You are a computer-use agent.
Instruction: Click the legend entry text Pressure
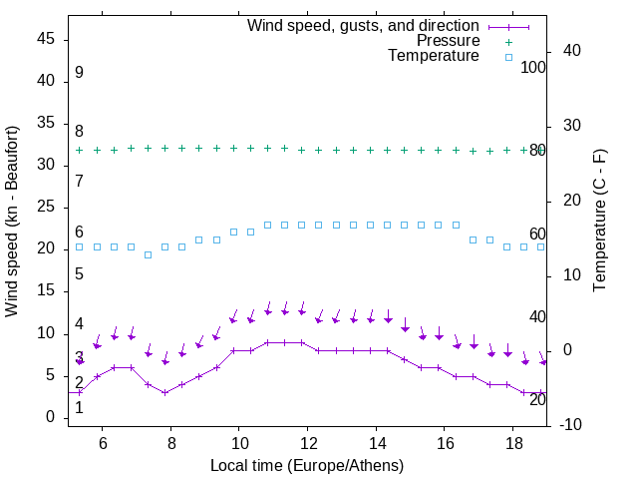(448, 41)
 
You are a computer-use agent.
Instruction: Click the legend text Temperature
(434, 56)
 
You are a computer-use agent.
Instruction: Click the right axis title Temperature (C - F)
(599, 222)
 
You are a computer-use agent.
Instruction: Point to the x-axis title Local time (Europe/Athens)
(308, 465)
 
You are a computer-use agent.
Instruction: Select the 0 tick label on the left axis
(49, 418)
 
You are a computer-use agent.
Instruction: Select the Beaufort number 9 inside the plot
(79, 73)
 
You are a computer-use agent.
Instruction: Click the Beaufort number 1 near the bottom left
(79, 407)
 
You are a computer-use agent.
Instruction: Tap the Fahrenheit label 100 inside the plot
(533, 67)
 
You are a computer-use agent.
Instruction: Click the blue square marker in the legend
(508, 56)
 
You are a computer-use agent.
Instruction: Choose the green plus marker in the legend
(508, 41)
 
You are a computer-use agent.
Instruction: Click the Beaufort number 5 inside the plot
(79, 273)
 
